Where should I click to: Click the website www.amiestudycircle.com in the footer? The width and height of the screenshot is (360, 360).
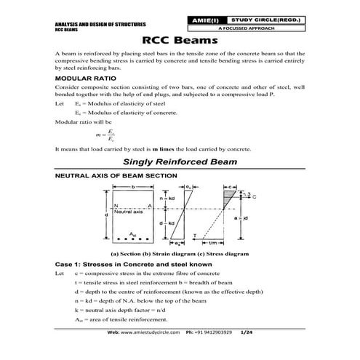pyautogui.click(x=155, y=351)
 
